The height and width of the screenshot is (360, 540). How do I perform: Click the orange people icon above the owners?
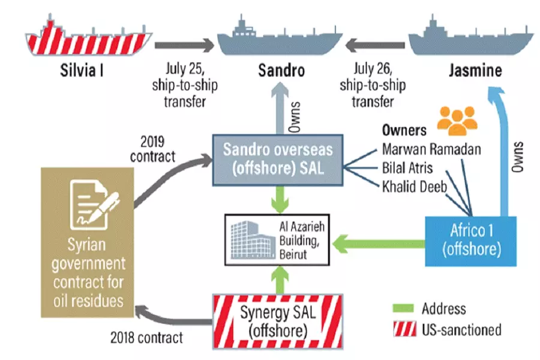[x=455, y=119]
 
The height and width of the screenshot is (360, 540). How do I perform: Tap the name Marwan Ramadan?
[x=431, y=149]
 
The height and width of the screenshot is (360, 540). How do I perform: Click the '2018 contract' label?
[x=146, y=338]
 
